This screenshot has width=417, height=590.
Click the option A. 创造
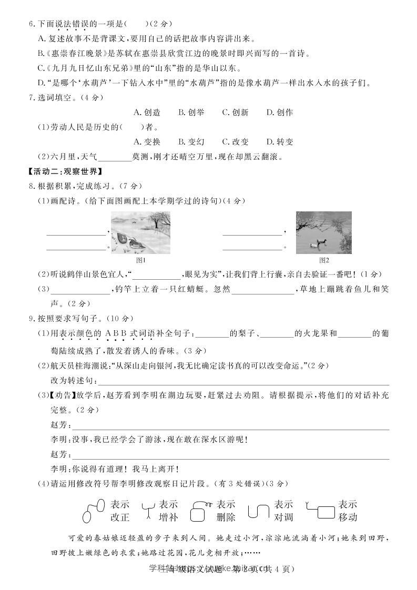point(147,112)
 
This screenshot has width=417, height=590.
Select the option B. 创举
point(191,112)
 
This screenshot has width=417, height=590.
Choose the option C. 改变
point(235,141)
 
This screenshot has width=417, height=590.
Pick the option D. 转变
point(279,141)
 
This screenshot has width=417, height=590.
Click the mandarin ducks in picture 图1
point(126,238)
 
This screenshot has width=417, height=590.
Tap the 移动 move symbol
point(320,510)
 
